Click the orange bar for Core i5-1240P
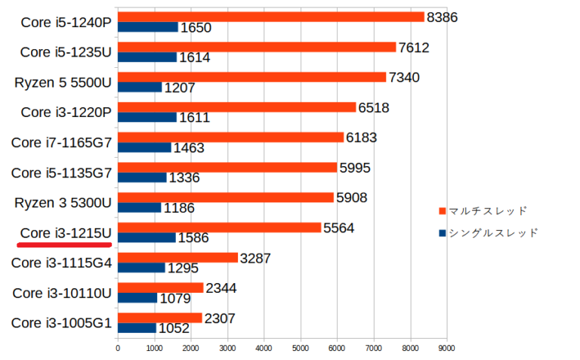pos(270,17)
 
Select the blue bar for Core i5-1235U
pos(147,57)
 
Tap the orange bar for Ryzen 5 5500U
pos(251,77)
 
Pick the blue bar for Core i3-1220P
pos(147,118)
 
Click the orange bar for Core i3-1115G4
pos(177,257)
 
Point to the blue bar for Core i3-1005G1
pos(137,328)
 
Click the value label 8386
pos(443,17)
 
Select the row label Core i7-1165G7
pos(61,142)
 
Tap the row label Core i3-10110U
pos(62,293)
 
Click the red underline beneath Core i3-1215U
pos(66,245)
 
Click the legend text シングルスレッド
pos(492,233)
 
